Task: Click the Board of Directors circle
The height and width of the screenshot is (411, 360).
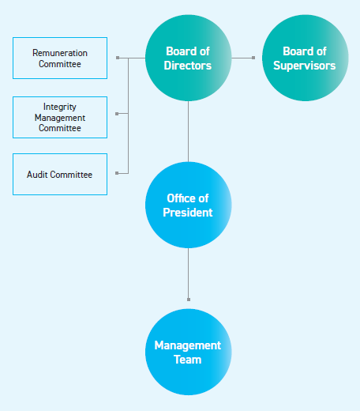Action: pyautogui.click(x=188, y=58)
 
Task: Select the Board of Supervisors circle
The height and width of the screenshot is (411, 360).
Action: pyautogui.click(x=304, y=58)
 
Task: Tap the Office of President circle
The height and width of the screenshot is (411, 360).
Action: pyautogui.click(x=188, y=205)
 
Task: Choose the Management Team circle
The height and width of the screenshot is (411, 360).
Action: pyautogui.click(x=188, y=353)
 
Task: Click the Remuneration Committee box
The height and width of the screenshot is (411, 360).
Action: pyautogui.click(x=60, y=58)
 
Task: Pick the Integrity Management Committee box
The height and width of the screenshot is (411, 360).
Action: pyautogui.click(x=60, y=116)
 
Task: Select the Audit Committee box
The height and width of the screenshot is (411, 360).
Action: pyautogui.click(x=60, y=174)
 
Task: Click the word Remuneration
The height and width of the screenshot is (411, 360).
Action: pyautogui.click(x=60, y=52)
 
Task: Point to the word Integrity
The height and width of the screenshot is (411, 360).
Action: pyautogui.click(x=60, y=106)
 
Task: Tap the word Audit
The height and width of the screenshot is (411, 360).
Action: pyautogui.click(x=39, y=175)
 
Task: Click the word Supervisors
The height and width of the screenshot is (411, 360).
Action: pyautogui.click(x=304, y=65)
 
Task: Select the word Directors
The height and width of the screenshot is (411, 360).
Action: pyautogui.click(x=188, y=65)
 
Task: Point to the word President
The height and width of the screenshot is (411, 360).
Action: pyautogui.click(x=188, y=213)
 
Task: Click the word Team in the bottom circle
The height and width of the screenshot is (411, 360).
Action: pyautogui.click(x=188, y=360)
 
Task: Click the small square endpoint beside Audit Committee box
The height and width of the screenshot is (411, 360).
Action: pyautogui.click(x=117, y=172)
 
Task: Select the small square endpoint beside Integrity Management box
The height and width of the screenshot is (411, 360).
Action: pyautogui.click(x=117, y=114)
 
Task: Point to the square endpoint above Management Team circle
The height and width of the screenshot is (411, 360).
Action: pyautogui.click(x=188, y=300)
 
